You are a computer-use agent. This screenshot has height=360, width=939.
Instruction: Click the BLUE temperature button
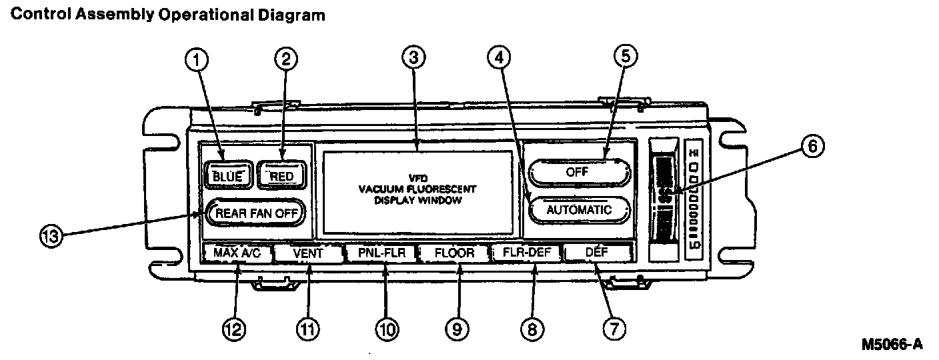(x=229, y=176)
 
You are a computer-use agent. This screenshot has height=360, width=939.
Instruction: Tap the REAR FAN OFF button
(x=256, y=213)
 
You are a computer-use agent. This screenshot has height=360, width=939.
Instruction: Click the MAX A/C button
(x=237, y=253)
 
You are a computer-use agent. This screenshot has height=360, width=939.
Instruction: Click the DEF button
(x=598, y=253)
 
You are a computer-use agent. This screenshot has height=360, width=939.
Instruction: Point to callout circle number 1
(x=196, y=60)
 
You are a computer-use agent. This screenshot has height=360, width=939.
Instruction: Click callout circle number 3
(x=414, y=59)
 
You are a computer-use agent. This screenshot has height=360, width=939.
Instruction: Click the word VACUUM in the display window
(x=381, y=189)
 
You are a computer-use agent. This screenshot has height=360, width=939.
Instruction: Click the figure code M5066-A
(x=892, y=345)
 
